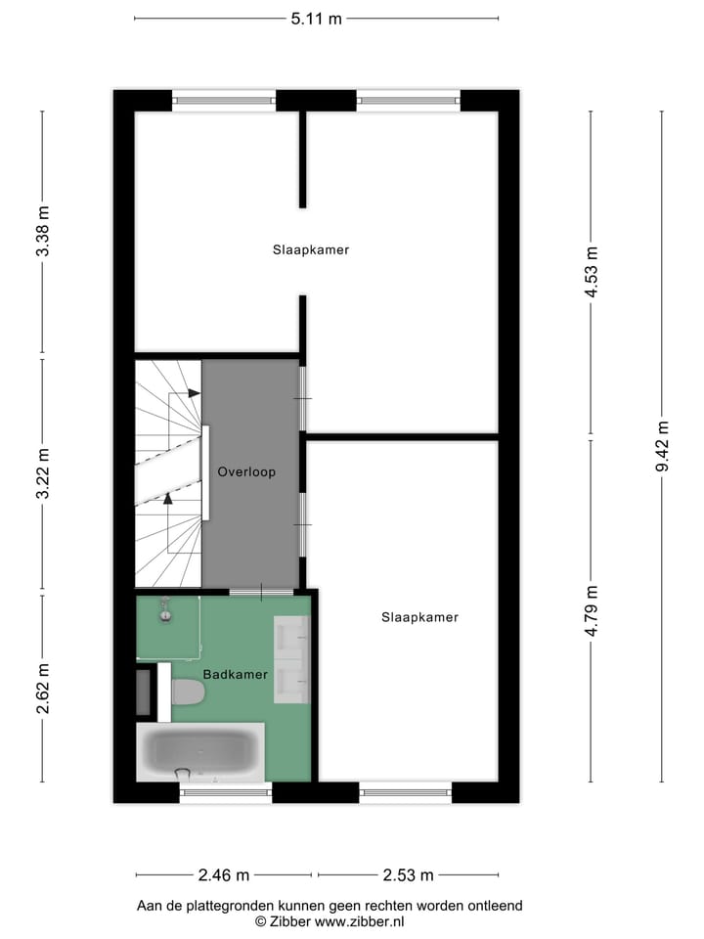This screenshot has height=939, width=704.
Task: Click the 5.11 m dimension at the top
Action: tap(316, 18)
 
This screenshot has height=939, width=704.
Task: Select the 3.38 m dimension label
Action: tap(42, 233)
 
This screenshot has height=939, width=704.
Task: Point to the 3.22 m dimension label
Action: tap(42, 474)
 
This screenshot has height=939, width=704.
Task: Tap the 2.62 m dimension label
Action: tap(42, 689)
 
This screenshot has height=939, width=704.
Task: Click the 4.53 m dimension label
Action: tap(591, 272)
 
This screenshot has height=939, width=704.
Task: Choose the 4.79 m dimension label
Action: tap(591, 611)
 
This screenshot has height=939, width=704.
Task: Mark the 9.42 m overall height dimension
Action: tap(662, 446)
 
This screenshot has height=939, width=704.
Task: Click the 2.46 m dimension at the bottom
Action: tap(224, 874)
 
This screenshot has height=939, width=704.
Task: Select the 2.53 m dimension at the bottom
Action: tap(408, 874)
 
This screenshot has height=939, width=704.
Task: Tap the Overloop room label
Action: tap(246, 471)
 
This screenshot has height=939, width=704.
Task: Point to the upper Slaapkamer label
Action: tap(311, 249)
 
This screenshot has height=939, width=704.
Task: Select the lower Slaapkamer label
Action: tap(419, 617)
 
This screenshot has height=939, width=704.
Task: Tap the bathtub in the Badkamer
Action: tap(200, 751)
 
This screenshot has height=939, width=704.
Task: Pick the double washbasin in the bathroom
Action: tap(292, 659)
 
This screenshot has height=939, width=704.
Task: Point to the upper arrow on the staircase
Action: tap(194, 392)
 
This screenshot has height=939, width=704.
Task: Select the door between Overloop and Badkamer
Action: tap(261, 592)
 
